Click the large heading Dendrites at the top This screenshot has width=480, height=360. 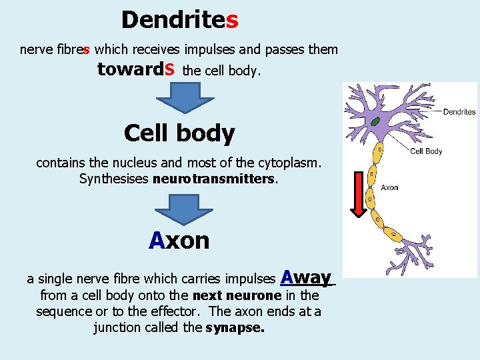179,20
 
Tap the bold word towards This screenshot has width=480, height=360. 136,69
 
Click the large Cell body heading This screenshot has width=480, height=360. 179,133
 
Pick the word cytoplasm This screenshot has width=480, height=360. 287,162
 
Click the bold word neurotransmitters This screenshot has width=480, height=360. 213,179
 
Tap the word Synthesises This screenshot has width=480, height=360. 113,179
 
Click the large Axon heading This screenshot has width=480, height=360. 179,240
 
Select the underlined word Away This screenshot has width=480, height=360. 307,276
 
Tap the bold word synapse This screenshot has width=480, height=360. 235,328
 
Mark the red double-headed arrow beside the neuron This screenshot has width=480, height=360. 359,194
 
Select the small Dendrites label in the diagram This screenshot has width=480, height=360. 459,111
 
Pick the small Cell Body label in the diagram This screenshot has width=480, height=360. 426,151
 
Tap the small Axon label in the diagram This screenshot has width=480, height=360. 389,187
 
